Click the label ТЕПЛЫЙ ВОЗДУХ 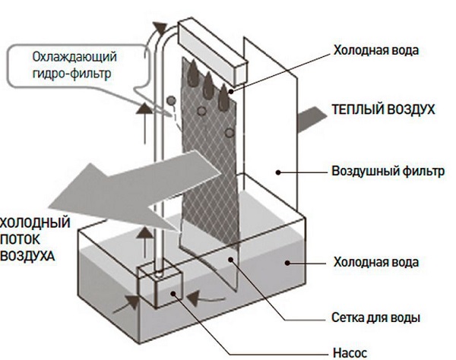(x=383, y=109)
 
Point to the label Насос (x=349, y=352)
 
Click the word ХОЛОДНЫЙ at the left (x=35, y=223)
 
